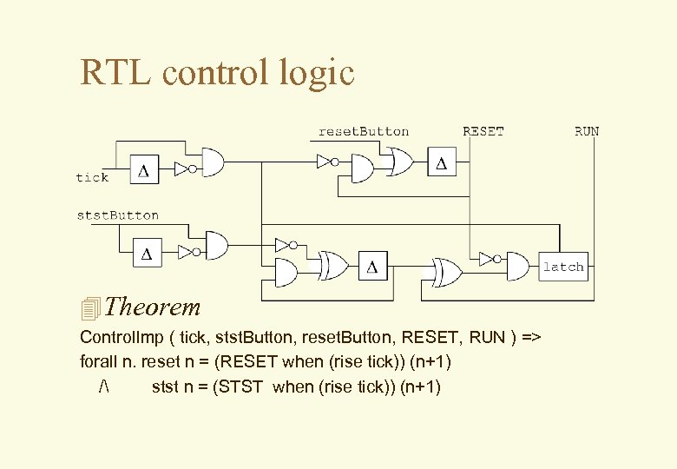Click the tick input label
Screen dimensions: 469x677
92,177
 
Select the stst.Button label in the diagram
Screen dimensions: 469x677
118,215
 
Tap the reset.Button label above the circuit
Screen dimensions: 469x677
363,132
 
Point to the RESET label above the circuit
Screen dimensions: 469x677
483,132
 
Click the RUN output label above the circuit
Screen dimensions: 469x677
586,132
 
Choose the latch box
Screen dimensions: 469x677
563,267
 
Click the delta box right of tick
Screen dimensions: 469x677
144,171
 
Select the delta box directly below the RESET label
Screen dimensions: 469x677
442,162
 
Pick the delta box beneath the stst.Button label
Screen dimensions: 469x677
146,254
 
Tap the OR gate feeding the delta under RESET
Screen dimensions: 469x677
401,162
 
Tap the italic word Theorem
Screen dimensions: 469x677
155,307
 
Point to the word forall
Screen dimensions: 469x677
100,361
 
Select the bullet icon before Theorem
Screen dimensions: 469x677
90,307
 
